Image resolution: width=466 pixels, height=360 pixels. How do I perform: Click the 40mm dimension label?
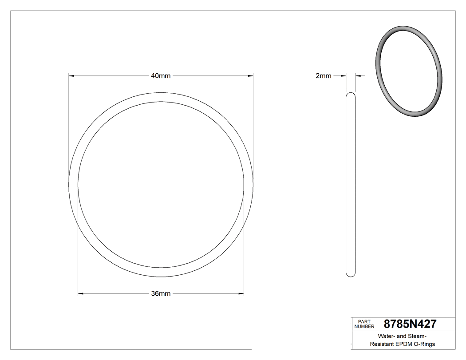[x=161, y=76]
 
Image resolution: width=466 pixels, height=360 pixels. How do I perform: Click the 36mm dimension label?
[x=161, y=293]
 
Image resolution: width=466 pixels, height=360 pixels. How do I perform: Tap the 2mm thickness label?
[x=323, y=76]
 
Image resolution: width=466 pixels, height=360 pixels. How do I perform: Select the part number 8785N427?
[x=410, y=324]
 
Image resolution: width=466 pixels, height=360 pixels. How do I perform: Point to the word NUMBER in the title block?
[x=364, y=326]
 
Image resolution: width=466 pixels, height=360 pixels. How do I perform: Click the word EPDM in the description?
[x=404, y=344]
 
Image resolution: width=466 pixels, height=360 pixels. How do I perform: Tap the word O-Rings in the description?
[x=424, y=344]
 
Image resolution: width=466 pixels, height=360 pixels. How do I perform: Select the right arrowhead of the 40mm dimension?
[x=251, y=76]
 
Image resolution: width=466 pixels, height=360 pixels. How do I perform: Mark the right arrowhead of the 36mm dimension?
[x=241, y=293]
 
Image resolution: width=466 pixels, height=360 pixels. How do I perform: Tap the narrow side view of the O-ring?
[x=350, y=184]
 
